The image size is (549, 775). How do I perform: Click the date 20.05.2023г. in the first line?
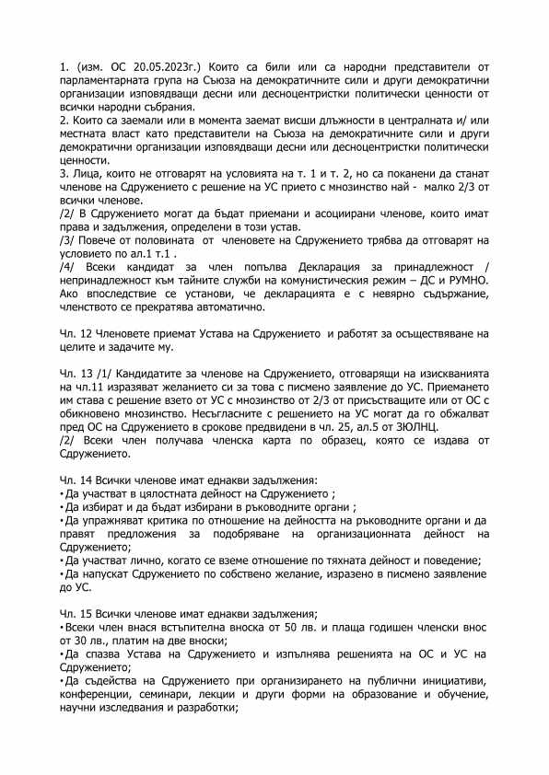point(158,67)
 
